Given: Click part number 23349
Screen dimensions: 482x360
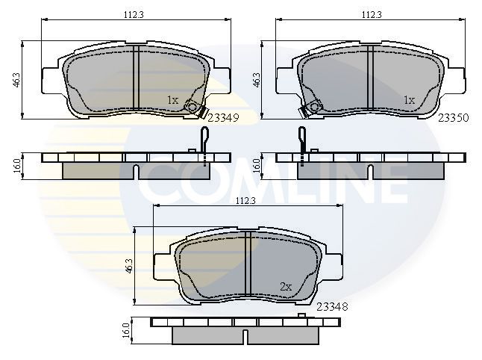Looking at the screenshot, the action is (223, 118).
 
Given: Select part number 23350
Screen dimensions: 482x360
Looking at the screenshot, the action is (454, 118).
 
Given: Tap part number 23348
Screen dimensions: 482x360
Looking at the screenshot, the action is (332, 306).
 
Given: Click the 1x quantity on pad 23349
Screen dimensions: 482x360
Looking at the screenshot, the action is (173, 99).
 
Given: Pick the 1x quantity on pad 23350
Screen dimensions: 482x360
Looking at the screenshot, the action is (409, 99).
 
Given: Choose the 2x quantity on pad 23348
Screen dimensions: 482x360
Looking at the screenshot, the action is (286, 287).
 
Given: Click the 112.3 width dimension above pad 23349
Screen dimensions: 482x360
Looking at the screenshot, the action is (134, 14).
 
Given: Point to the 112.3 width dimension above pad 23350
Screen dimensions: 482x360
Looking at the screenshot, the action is (372, 14).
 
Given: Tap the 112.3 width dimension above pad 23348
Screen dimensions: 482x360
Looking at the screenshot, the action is (246, 201).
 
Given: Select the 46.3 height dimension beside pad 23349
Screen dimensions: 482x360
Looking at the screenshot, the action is (16, 80).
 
